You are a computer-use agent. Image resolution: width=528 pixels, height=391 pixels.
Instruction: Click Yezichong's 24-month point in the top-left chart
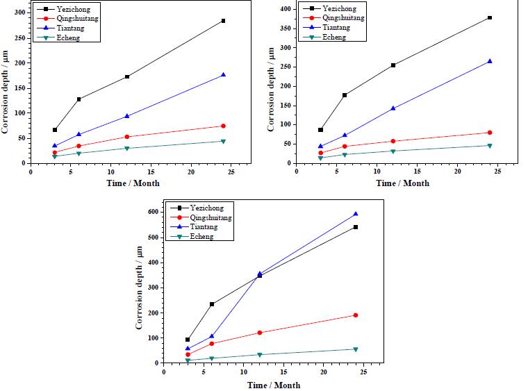tap(223, 21)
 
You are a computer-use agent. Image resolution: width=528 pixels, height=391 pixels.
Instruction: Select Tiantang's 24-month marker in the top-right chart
tap(490, 61)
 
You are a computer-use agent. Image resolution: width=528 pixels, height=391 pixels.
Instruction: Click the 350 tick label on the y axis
tap(284, 28)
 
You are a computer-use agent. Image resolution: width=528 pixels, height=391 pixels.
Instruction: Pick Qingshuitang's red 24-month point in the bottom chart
tap(356, 315)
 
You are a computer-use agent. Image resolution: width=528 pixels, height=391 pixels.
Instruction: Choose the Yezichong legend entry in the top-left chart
tap(67, 9)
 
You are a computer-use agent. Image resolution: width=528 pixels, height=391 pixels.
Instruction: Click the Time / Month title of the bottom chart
tap(274, 385)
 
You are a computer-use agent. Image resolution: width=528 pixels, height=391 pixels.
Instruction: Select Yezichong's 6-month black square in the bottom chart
tap(212, 304)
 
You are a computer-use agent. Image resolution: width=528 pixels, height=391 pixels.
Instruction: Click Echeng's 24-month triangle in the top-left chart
tap(223, 141)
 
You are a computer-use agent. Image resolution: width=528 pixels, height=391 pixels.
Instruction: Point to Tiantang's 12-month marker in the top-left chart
tap(126, 116)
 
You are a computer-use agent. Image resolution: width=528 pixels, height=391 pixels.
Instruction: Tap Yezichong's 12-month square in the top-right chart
tap(393, 65)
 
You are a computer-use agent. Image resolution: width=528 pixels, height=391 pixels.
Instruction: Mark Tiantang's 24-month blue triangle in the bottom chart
tap(356, 214)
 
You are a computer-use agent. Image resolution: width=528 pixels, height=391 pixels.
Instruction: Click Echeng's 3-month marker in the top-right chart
tap(320, 158)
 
